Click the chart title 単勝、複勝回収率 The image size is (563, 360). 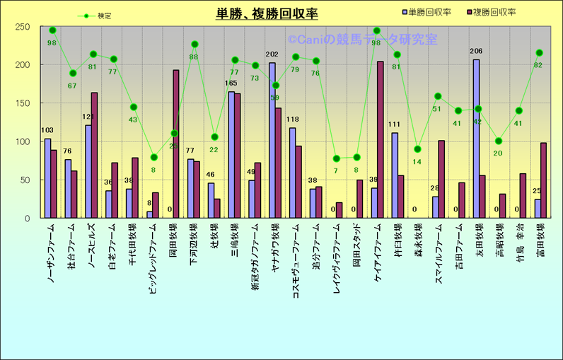(267, 13)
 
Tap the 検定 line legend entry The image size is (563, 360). (95, 15)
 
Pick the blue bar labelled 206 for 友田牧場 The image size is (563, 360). (476, 139)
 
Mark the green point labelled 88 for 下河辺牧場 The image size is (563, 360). (195, 45)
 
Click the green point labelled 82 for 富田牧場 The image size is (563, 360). (539, 53)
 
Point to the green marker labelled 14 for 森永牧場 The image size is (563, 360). (417, 149)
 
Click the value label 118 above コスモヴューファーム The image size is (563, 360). (293, 120)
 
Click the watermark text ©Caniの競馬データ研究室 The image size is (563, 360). (361, 40)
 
